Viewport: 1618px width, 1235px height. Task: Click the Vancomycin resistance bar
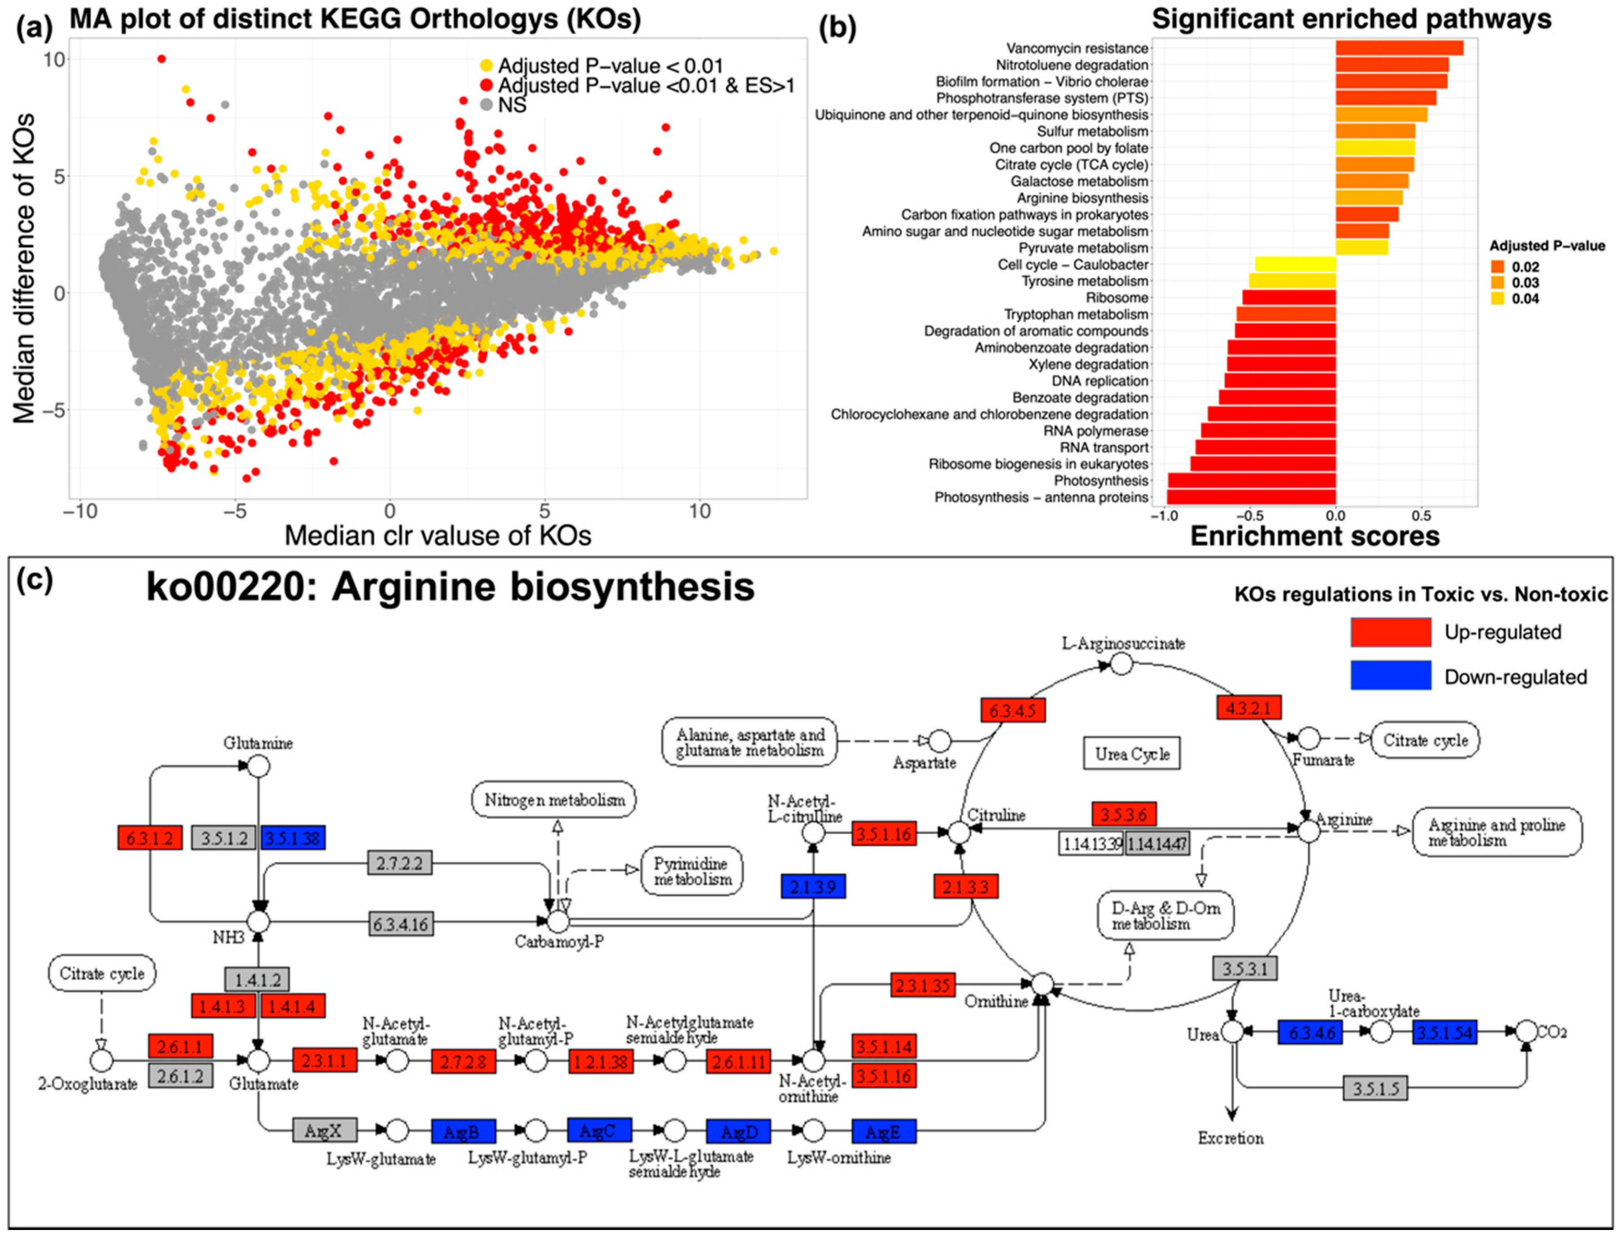1398,48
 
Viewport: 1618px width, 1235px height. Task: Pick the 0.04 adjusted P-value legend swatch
1498,299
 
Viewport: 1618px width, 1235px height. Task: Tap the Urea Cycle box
1132,754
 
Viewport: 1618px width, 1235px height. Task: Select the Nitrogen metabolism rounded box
554,800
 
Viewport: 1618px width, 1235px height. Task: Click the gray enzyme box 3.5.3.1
1245,968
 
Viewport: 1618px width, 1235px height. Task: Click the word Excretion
1231,1139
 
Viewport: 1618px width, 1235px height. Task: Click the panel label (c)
35,581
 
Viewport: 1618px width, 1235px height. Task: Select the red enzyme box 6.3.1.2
150,838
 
